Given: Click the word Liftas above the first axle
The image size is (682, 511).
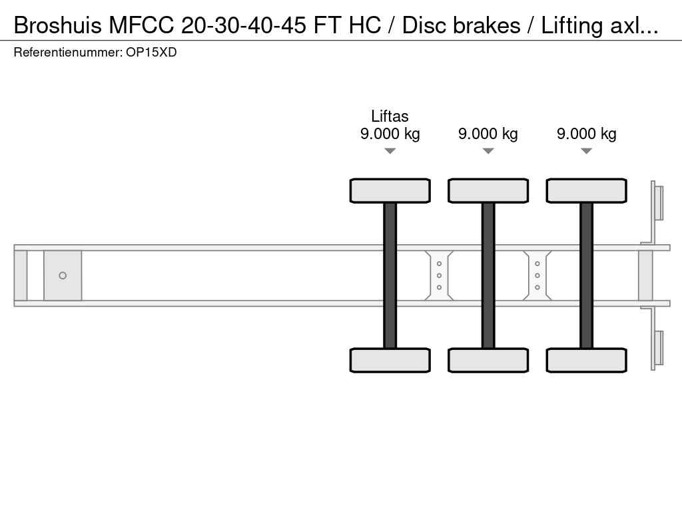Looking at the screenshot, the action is tap(390, 116).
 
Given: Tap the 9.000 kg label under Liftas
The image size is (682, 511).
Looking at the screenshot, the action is tap(390, 134).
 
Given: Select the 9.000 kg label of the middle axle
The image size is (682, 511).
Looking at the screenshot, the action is tap(488, 134).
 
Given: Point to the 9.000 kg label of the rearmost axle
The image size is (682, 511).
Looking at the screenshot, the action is tap(586, 134).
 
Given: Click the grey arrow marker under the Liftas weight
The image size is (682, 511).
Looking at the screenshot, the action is tap(390, 151).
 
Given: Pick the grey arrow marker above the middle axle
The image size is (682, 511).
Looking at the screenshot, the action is tap(488, 151).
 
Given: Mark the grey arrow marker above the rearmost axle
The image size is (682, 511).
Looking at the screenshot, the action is tap(587, 151).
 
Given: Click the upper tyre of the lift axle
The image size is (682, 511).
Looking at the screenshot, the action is tap(390, 191).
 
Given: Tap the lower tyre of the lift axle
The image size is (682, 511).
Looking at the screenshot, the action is tap(390, 360).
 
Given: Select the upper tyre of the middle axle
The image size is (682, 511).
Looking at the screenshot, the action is tap(488, 191).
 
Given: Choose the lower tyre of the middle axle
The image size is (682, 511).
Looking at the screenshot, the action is tap(488, 360).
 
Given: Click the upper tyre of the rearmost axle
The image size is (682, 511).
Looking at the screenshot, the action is tap(587, 191).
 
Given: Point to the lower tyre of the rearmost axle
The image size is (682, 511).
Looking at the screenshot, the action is tap(587, 360).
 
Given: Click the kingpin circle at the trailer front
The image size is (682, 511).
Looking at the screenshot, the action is tap(63, 275).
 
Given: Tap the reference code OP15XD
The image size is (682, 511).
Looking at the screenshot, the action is tap(151, 53).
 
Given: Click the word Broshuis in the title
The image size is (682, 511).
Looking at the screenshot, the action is tap(58, 25).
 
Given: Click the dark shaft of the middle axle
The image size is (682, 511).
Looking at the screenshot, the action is tap(488, 275).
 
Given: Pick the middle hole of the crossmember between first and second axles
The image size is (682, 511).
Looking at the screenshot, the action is tap(440, 275).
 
